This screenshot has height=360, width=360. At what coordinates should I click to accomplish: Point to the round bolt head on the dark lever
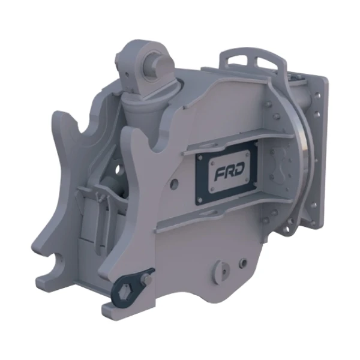[148, 279]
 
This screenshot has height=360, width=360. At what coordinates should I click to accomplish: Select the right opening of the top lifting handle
[267, 61]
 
